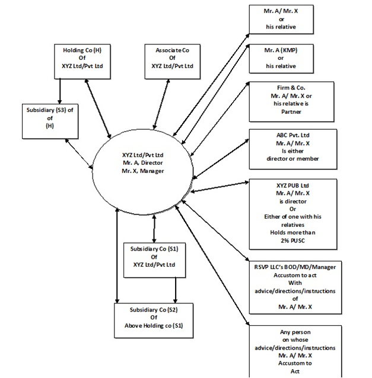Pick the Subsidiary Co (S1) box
[x=154, y=257]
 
